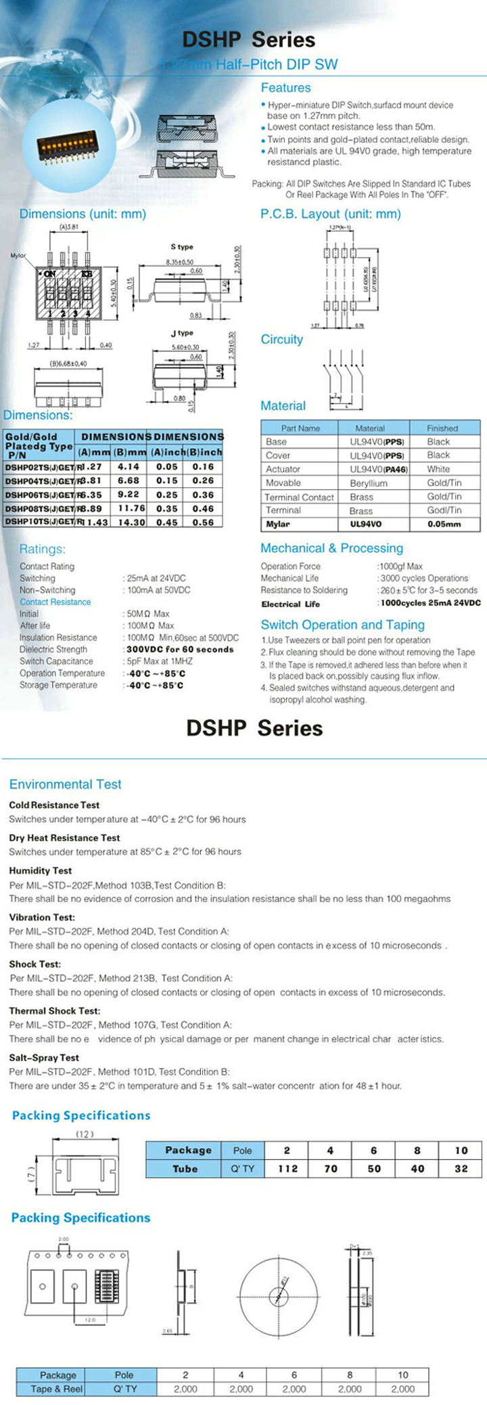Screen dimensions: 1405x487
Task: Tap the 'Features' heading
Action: click(285, 88)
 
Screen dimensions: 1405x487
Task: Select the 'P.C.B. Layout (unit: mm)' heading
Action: click(330, 214)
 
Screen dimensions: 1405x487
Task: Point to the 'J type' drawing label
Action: click(181, 333)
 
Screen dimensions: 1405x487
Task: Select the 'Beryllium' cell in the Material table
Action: click(369, 483)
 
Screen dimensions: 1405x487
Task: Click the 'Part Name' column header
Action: click(300, 428)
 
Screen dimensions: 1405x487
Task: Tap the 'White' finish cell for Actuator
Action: click(438, 469)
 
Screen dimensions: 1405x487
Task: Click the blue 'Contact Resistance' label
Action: click(55, 602)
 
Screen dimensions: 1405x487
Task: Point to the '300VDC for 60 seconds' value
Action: click(180, 649)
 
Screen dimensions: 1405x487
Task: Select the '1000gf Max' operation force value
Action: click(401, 566)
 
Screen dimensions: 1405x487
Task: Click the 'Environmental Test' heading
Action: click(65, 784)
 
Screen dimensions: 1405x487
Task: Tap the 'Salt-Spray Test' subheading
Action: click(44, 1057)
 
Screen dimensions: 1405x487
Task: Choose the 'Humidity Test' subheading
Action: click(40, 870)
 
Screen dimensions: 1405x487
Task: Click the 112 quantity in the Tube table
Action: click(287, 1169)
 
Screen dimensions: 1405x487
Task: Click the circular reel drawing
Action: click(278, 1297)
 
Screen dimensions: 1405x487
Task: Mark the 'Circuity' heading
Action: click(281, 340)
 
